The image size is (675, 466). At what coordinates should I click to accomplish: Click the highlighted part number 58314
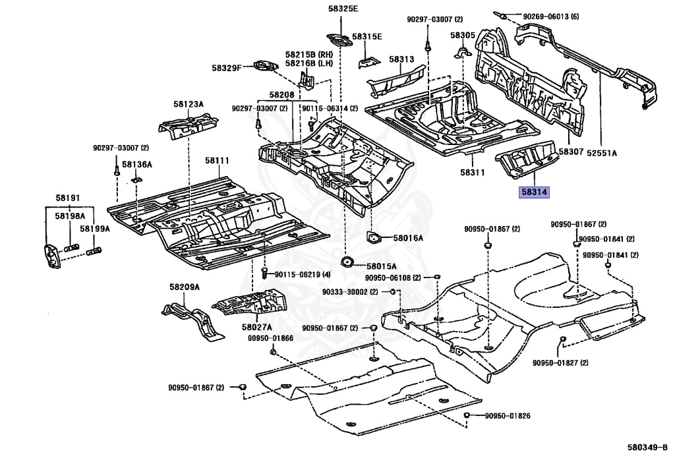coord(535,192)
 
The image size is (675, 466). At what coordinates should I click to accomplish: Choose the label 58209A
coord(184,287)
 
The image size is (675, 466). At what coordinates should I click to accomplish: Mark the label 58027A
coord(256,327)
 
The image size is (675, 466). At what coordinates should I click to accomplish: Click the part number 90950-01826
coord(508,416)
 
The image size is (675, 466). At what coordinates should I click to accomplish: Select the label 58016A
coord(408,238)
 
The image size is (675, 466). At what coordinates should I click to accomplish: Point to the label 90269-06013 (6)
coord(551,16)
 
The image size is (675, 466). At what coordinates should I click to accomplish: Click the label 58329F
coord(227,67)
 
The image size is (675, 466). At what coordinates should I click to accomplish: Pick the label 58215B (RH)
coord(308,54)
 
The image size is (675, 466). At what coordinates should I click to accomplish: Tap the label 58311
coord(472,173)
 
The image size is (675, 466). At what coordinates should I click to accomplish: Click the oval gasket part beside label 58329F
coord(265,66)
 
